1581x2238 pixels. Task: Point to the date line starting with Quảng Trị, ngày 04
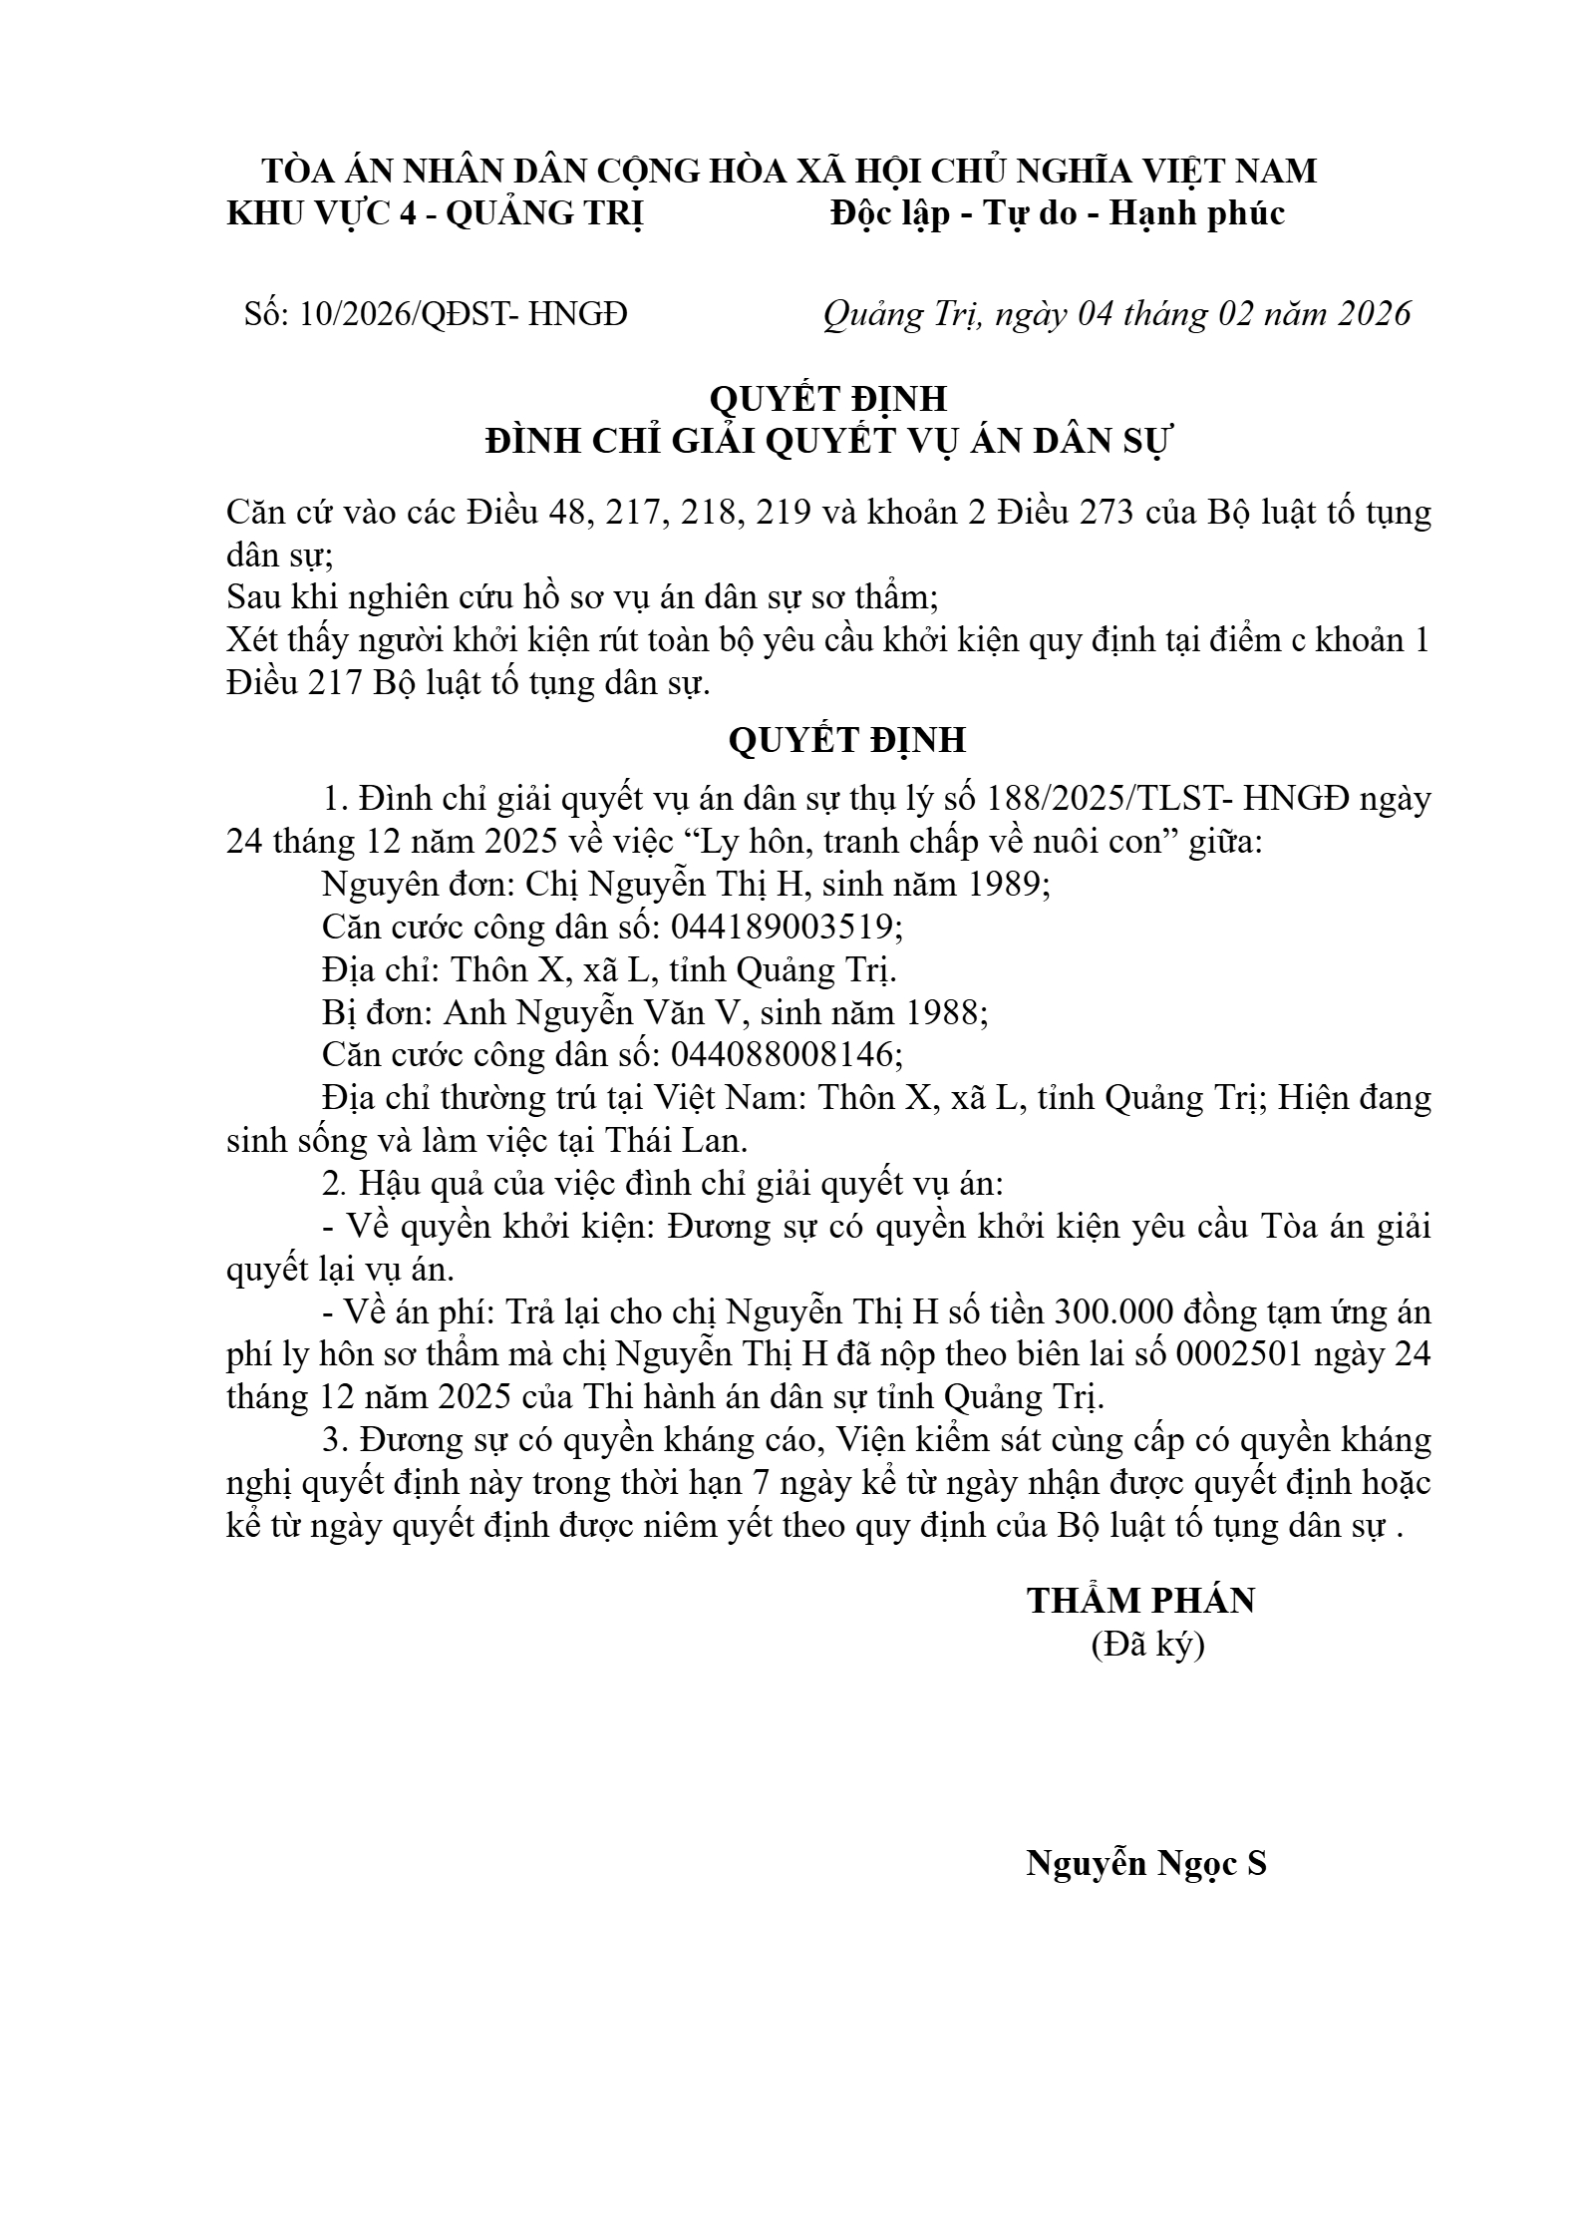coord(1116,314)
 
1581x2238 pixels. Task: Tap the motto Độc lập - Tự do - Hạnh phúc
coord(1058,213)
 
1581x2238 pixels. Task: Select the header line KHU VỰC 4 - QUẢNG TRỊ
coord(436,213)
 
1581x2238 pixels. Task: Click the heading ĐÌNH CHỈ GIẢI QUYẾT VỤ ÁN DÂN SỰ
coord(826,441)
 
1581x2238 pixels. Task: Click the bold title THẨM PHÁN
coord(1141,1601)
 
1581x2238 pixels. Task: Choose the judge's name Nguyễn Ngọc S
coord(1146,1863)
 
